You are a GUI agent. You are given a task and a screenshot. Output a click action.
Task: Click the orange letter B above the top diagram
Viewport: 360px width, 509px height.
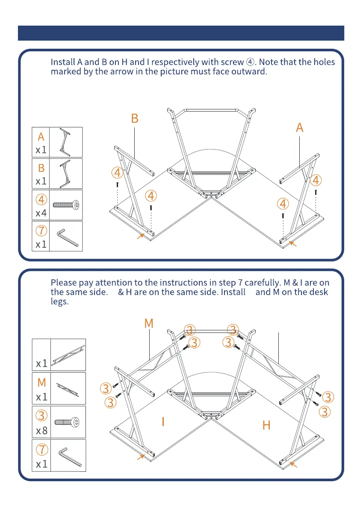pyautogui.click(x=135, y=118)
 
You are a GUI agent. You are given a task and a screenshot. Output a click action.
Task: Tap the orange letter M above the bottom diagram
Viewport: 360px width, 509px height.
pyautogui.click(x=148, y=324)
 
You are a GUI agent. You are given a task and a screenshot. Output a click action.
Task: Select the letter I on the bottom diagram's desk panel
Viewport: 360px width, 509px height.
pyautogui.click(x=163, y=422)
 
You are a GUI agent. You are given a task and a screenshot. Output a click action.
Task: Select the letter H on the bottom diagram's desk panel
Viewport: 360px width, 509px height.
pyautogui.click(x=266, y=425)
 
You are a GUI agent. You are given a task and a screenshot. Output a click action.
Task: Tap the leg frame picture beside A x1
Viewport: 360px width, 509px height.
pyautogui.click(x=65, y=142)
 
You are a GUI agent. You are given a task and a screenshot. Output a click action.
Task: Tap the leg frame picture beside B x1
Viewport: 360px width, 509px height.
pyautogui.click(x=65, y=174)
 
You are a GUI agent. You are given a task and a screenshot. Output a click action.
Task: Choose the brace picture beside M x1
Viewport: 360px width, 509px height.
pyautogui.click(x=68, y=388)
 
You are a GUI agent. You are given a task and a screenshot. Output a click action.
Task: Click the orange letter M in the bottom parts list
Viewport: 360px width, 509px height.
pyautogui.click(x=41, y=382)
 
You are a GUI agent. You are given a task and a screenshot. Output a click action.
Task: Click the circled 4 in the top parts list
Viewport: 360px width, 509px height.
pyautogui.click(x=41, y=200)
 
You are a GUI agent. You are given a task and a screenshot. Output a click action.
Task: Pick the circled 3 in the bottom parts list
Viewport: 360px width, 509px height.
pyautogui.click(x=41, y=415)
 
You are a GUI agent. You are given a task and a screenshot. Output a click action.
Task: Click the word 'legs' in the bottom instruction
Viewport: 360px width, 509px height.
pyautogui.click(x=59, y=301)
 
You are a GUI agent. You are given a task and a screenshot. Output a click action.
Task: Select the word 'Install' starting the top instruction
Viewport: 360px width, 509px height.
pyautogui.click(x=63, y=62)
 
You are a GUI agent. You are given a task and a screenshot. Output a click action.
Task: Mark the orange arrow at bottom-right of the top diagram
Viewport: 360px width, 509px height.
pyautogui.click(x=292, y=244)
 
